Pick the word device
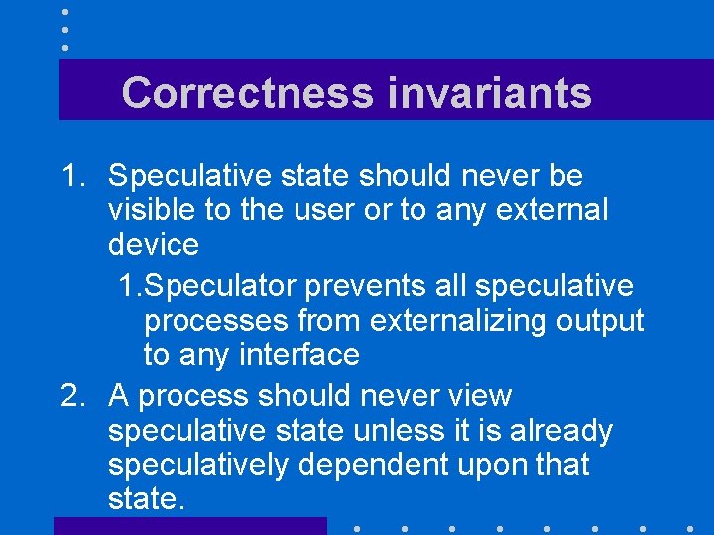(x=154, y=244)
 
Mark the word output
(x=600, y=321)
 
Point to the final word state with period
(x=147, y=498)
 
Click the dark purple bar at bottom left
(x=189, y=526)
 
